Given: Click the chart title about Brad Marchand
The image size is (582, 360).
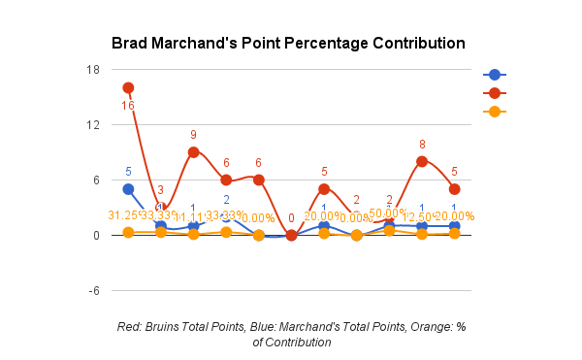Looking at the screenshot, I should [288, 44].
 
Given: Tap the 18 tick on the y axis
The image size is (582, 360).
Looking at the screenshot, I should [93, 69].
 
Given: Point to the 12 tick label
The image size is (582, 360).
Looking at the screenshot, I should [93, 124].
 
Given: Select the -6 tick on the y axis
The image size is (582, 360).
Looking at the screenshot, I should [93, 291].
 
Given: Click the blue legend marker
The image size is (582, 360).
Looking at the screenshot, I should [494, 75].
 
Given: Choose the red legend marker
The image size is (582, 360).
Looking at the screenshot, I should [494, 93].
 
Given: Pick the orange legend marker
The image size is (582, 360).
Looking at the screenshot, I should [494, 112].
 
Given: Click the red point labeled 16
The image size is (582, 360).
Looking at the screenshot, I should [128, 88].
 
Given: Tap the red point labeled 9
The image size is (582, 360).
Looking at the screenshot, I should [194, 152].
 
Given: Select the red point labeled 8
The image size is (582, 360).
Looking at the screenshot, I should [422, 161].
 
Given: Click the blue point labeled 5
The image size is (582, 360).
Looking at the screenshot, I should [128, 189].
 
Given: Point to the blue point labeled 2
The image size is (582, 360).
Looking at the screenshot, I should [226, 217].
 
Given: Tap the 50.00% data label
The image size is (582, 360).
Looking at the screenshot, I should [388, 213].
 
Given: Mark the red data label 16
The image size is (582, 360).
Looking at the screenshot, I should [128, 105].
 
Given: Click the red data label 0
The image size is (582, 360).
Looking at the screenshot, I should [292, 218].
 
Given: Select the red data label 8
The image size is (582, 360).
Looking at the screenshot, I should [422, 144].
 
